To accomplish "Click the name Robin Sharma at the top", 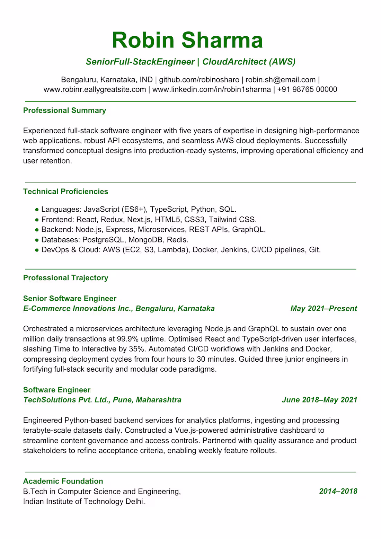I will point(187,40).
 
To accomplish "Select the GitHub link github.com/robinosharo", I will point(199,80).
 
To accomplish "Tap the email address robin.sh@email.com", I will point(281,80).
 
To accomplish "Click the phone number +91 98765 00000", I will point(307,89).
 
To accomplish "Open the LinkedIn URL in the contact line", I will point(212,89).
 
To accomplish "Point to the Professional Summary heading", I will point(64,111).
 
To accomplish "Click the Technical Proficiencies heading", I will point(65,192).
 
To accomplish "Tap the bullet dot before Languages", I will point(37,210).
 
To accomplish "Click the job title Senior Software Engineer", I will point(70,299).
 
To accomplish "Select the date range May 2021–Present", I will point(324,309).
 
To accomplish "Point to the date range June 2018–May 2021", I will point(319,400).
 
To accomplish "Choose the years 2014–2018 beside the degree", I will point(338,491).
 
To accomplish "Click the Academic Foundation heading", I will point(63,481).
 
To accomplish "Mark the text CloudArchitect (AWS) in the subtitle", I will point(249,62).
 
